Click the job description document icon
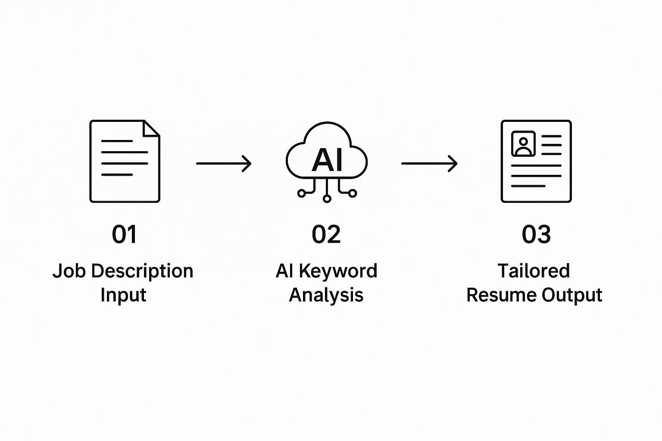pyautogui.click(x=125, y=161)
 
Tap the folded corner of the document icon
pyautogui.click(x=152, y=128)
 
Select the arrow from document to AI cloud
pyautogui.click(x=223, y=164)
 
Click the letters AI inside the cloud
pyautogui.click(x=327, y=160)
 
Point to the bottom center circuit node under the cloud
pyautogui.click(x=327, y=199)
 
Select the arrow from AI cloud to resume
pyautogui.click(x=429, y=164)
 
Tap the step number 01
pyautogui.click(x=124, y=235)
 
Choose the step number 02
pyautogui.click(x=326, y=235)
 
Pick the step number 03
pyautogui.click(x=536, y=235)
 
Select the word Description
pyautogui.click(x=142, y=271)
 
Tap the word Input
pyautogui.click(x=123, y=295)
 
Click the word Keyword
pyautogui.click(x=338, y=271)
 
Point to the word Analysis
pyautogui.click(x=326, y=295)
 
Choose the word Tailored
pyautogui.click(x=534, y=271)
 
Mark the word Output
pyautogui.click(x=572, y=295)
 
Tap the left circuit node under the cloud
pyautogui.click(x=301, y=193)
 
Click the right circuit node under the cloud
pyautogui.click(x=353, y=193)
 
